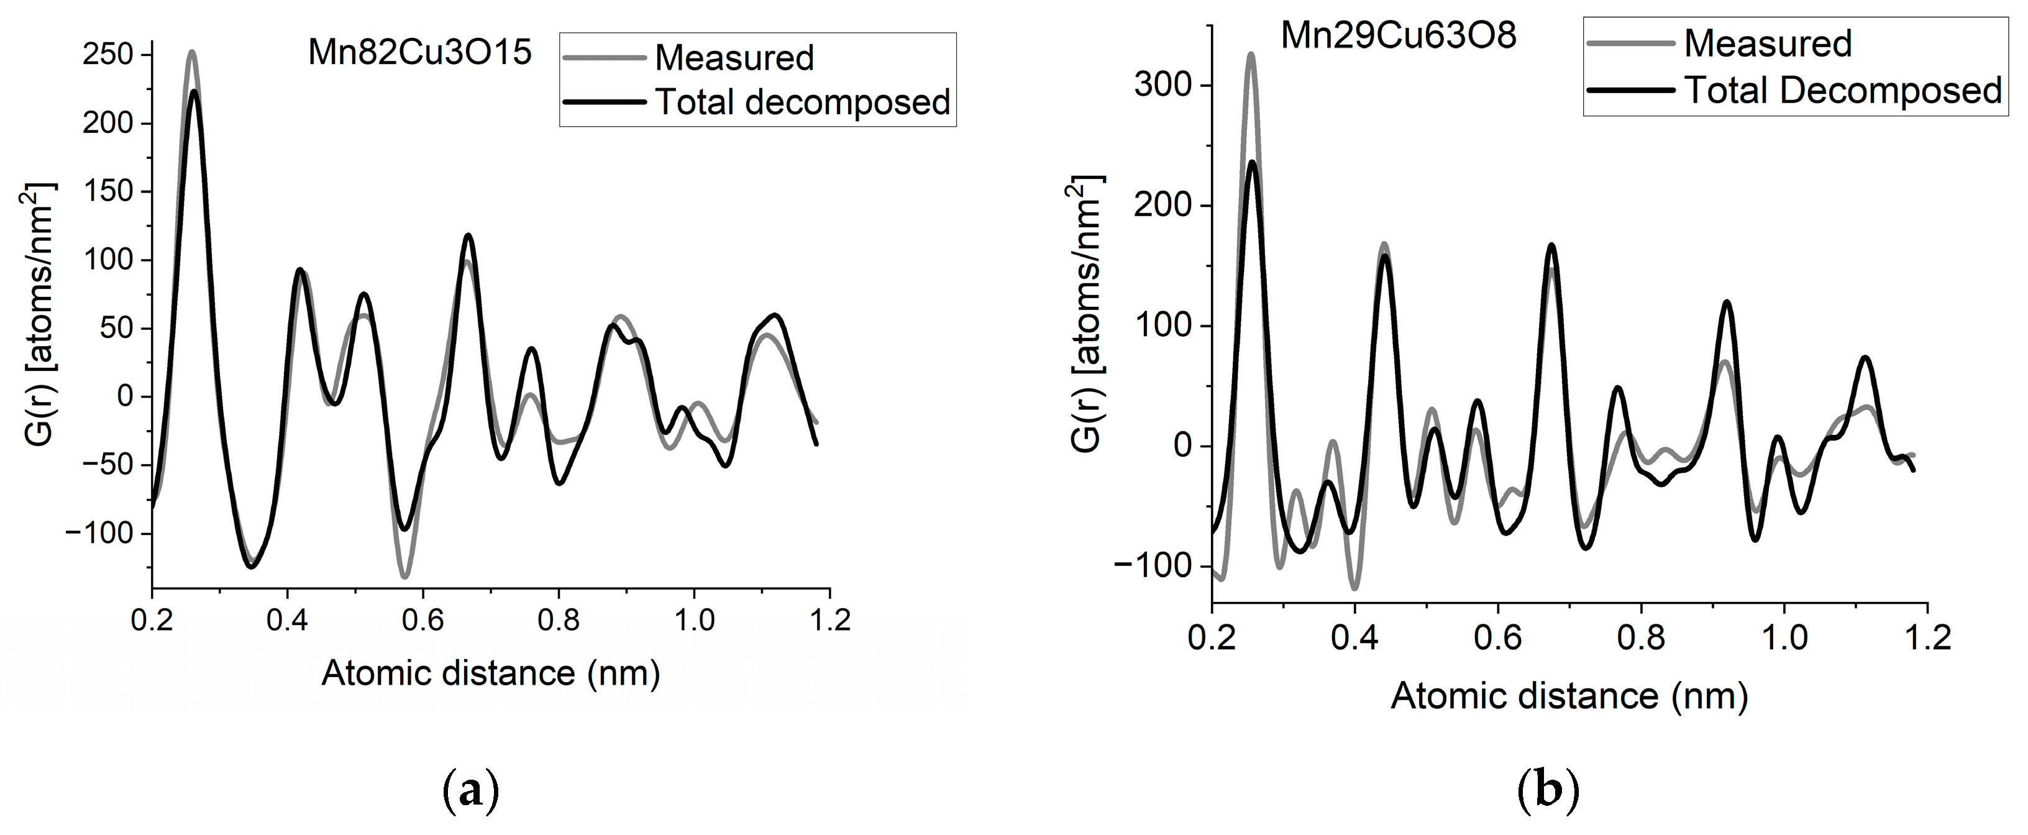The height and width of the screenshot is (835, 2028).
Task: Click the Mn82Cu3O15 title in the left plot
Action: [x=419, y=53]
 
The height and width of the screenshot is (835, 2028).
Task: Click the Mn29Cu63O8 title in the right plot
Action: [x=1398, y=35]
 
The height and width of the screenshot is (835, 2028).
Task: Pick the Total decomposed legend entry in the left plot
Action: [x=802, y=103]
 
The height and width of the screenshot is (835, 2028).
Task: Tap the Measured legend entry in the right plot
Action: [x=1768, y=43]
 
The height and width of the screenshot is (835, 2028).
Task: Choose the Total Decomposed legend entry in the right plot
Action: [x=1842, y=91]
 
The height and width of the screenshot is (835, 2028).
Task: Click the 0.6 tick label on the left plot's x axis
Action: [x=422, y=620]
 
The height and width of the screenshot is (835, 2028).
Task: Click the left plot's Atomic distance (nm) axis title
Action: [x=490, y=673]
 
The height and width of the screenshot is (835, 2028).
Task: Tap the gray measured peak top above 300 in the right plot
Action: [x=1251, y=54]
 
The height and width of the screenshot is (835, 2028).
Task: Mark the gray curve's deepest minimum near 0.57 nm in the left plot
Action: [x=404, y=577]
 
